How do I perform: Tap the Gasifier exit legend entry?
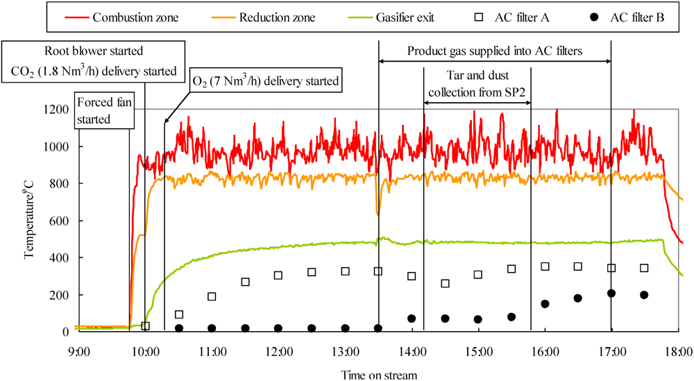[407, 17]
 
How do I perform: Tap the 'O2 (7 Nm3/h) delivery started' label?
[266, 81]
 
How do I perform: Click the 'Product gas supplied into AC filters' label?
[495, 51]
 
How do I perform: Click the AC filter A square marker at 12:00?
[278, 276]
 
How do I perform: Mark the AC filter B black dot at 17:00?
[611, 294]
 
